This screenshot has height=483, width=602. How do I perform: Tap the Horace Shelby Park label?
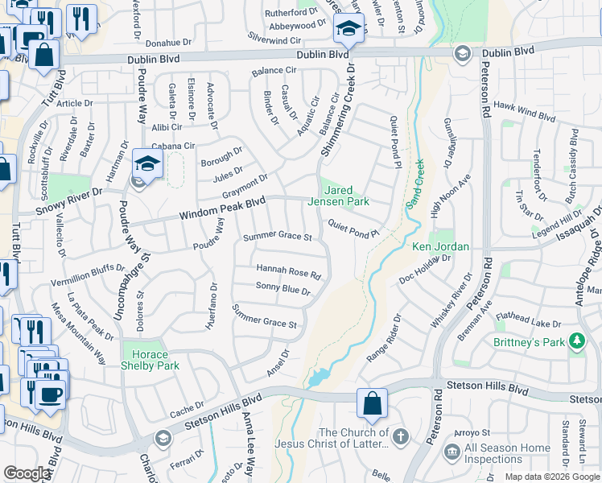146,361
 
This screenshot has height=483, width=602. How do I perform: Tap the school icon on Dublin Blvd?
348,30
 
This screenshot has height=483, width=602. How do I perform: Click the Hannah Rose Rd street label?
288,271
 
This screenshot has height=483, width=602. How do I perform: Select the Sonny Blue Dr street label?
283,289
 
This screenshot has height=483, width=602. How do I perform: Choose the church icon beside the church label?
400,438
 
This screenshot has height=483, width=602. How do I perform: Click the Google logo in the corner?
26,473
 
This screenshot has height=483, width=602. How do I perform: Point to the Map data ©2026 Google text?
551,477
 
